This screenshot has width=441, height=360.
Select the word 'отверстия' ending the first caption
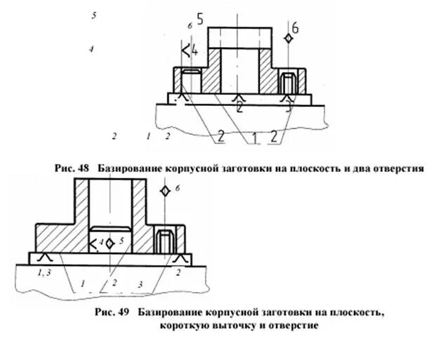(x=397, y=169)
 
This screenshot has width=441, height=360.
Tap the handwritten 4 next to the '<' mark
(x=195, y=51)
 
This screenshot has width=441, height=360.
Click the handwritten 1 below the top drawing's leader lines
(x=250, y=139)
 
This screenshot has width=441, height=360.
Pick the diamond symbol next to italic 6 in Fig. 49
(x=164, y=191)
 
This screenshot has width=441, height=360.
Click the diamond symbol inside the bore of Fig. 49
(x=110, y=242)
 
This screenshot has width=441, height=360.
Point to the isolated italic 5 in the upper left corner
(x=93, y=15)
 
